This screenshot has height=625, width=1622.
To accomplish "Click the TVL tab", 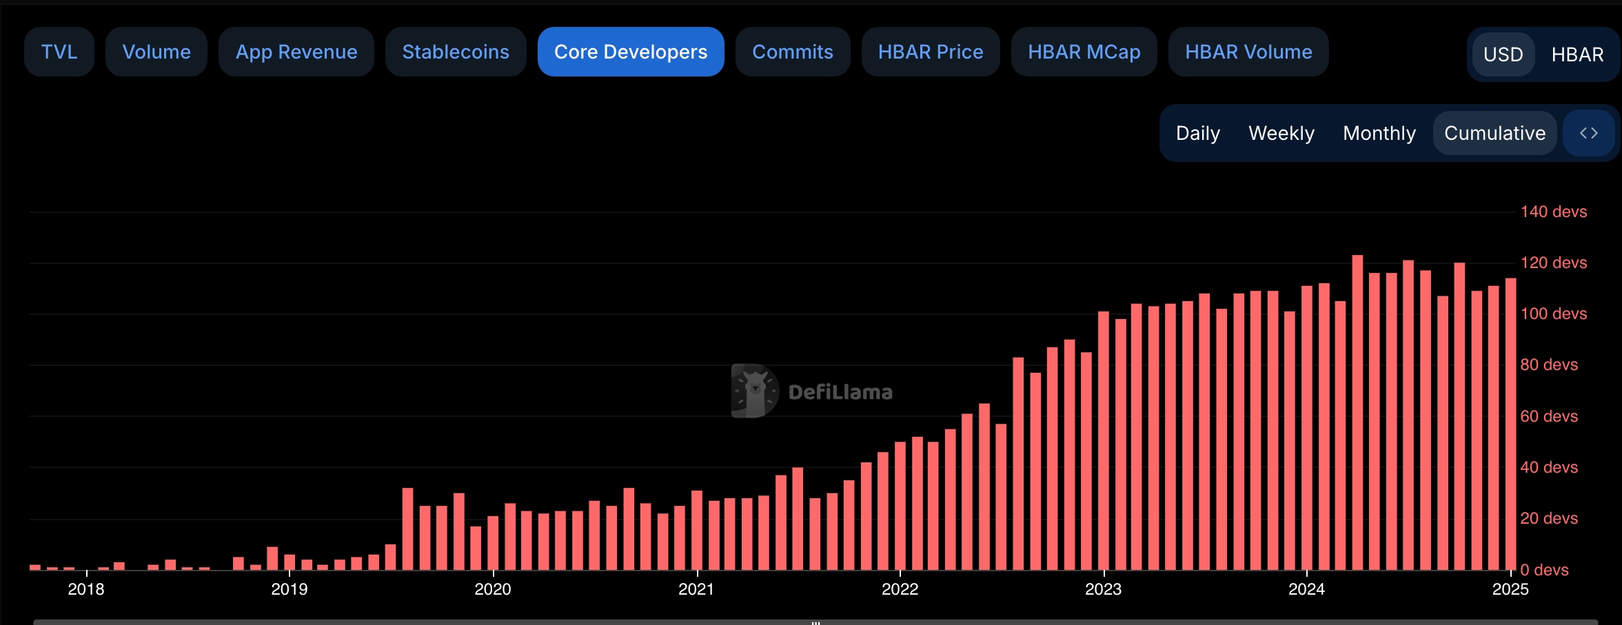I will (x=59, y=52).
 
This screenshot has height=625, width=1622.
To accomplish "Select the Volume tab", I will (x=156, y=52).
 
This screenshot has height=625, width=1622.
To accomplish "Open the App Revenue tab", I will (x=296, y=52).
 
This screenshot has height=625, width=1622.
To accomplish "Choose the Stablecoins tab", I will (x=456, y=52).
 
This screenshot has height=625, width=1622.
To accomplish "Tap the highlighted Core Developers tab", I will (x=631, y=52).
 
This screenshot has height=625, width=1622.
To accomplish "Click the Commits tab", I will (x=793, y=52).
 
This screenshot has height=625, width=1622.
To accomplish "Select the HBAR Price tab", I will (x=931, y=52).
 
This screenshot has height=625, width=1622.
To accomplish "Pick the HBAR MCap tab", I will (x=1084, y=52).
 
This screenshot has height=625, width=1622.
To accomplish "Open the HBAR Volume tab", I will (x=1248, y=52).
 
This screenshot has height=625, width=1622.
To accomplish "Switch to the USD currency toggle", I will (x=1503, y=54).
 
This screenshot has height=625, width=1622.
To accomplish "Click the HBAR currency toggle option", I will (x=1577, y=54).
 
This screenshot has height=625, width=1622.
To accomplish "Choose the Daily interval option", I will (x=1198, y=133).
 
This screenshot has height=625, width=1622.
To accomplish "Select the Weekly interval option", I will (x=1281, y=133).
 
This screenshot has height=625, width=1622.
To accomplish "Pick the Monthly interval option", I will (x=1379, y=133).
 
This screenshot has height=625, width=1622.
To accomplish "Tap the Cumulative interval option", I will (x=1494, y=133).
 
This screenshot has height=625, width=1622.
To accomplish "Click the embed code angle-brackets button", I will (x=1589, y=133).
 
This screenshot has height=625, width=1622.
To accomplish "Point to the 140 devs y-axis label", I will (x=1554, y=212).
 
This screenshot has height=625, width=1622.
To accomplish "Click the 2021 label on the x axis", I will (x=696, y=589).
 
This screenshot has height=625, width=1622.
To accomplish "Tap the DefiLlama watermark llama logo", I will (x=755, y=391).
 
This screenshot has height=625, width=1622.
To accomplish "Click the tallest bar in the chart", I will (x=1357, y=413).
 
